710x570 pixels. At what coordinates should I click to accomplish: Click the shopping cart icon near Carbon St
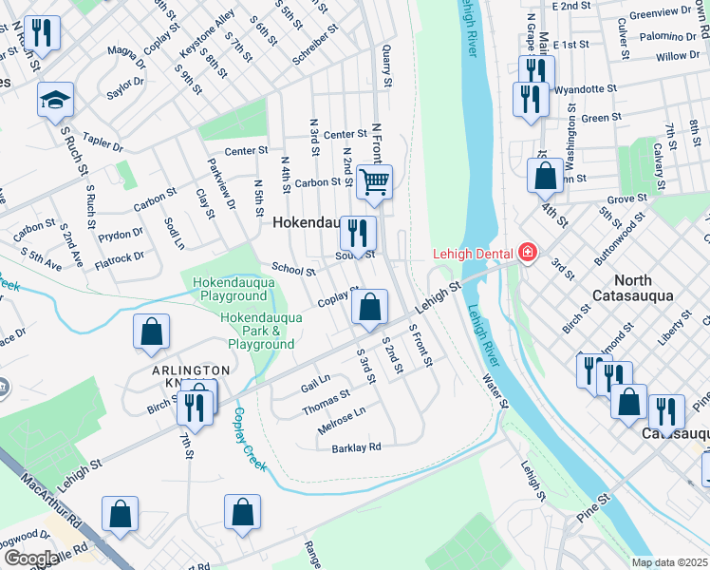375,180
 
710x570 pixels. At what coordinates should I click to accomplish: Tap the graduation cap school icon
56,100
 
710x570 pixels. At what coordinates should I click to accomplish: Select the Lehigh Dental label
473,254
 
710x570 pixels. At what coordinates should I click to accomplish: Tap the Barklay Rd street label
357,446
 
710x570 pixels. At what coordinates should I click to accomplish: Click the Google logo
29,558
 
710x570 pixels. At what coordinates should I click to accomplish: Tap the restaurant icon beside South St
358,233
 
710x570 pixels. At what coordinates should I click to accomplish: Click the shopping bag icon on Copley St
369,307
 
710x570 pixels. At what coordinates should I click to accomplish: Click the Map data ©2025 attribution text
669,562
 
